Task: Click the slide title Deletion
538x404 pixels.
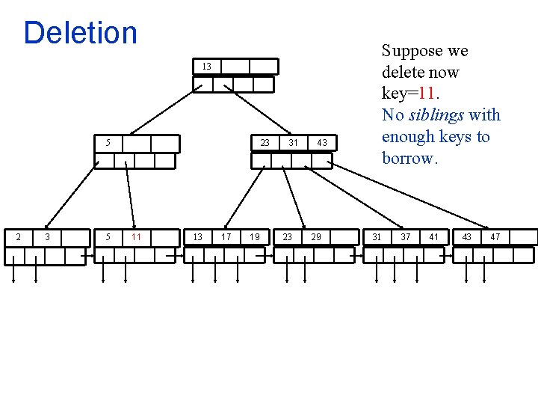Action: pos(81,33)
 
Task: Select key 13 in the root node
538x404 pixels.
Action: pos(206,67)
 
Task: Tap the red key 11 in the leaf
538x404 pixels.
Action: pos(136,237)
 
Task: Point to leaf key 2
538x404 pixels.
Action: pos(19,237)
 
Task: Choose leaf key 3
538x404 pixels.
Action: pos(48,237)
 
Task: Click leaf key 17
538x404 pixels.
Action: pos(226,237)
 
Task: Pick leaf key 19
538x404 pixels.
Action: pos(256,237)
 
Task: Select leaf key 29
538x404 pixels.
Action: pos(316,237)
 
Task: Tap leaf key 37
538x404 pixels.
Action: pos(405,237)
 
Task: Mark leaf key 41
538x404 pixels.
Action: pos(434,237)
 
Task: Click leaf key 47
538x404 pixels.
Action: pos(495,237)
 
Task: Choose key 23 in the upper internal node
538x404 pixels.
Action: pos(265,143)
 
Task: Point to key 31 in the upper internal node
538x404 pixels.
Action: pos(294,143)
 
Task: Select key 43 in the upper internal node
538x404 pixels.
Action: pos(322,143)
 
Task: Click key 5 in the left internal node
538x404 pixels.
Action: pos(108,143)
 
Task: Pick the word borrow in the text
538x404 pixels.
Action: pos(407,158)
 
